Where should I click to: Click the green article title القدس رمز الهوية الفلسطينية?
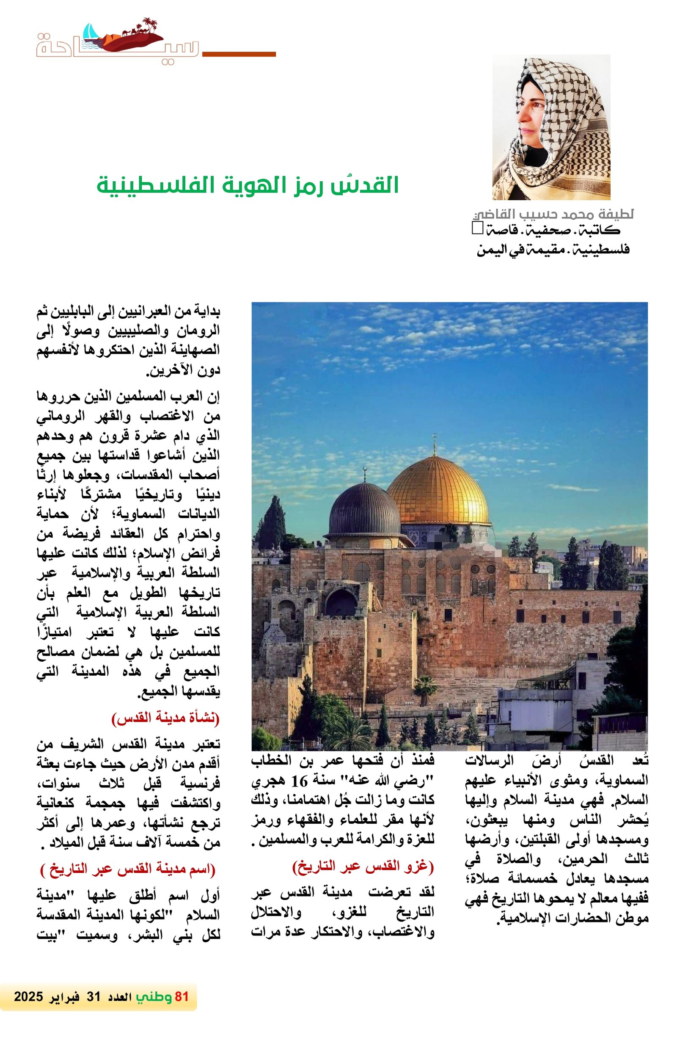248,185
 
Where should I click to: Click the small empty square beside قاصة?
477,227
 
